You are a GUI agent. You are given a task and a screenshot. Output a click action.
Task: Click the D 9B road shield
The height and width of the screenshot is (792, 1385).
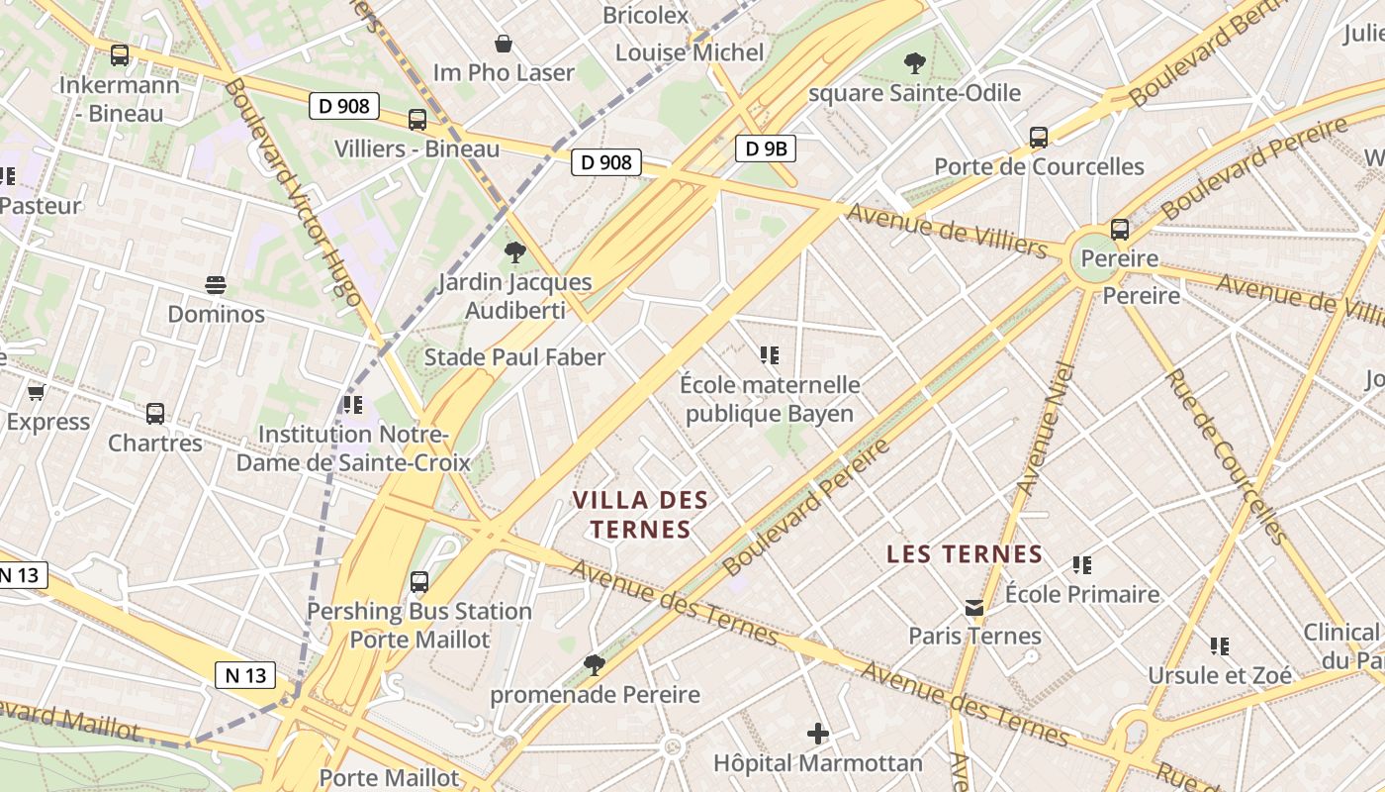pyautogui.click(x=766, y=148)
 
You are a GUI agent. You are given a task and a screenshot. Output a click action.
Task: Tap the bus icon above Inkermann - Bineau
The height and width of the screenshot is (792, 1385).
pyautogui.click(x=120, y=55)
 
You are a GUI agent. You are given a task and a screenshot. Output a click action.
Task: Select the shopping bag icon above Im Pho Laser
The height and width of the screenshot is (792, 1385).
pyautogui.click(x=504, y=44)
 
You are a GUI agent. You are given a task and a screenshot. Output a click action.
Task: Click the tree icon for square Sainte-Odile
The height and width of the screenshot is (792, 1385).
pyautogui.click(x=915, y=63)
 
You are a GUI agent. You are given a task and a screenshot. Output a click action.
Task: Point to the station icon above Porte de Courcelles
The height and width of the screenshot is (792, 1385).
pyautogui.click(x=1039, y=138)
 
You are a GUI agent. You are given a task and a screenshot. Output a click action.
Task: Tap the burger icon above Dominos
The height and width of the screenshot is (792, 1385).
pyautogui.click(x=216, y=285)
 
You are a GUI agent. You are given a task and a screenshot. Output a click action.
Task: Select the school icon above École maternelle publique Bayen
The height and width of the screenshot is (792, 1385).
pyautogui.click(x=770, y=354)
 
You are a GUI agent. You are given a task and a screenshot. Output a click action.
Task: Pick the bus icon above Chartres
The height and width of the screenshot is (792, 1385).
pyautogui.click(x=155, y=414)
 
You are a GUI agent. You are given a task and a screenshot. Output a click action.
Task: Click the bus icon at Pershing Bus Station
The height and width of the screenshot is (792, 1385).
pyautogui.click(x=419, y=582)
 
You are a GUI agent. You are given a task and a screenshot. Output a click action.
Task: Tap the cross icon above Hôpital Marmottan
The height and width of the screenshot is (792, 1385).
pyautogui.click(x=818, y=734)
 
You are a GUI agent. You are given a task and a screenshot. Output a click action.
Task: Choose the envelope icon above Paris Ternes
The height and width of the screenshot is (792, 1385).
pyautogui.click(x=975, y=607)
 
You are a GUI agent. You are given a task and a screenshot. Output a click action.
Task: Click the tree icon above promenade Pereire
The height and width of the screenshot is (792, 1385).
pyautogui.click(x=595, y=664)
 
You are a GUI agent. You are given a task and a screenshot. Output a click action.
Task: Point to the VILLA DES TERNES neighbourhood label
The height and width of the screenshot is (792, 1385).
pyautogui.click(x=641, y=514)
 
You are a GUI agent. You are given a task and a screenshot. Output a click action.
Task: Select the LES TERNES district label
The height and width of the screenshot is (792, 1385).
pyautogui.click(x=965, y=553)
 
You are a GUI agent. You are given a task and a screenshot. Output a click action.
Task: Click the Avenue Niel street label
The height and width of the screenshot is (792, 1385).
pyautogui.click(x=1046, y=430)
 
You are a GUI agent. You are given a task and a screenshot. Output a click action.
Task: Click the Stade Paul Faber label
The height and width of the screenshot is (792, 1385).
pyautogui.click(x=514, y=357)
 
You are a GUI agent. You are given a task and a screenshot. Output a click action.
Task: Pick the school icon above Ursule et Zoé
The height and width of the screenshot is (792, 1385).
pyautogui.click(x=1220, y=646)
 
